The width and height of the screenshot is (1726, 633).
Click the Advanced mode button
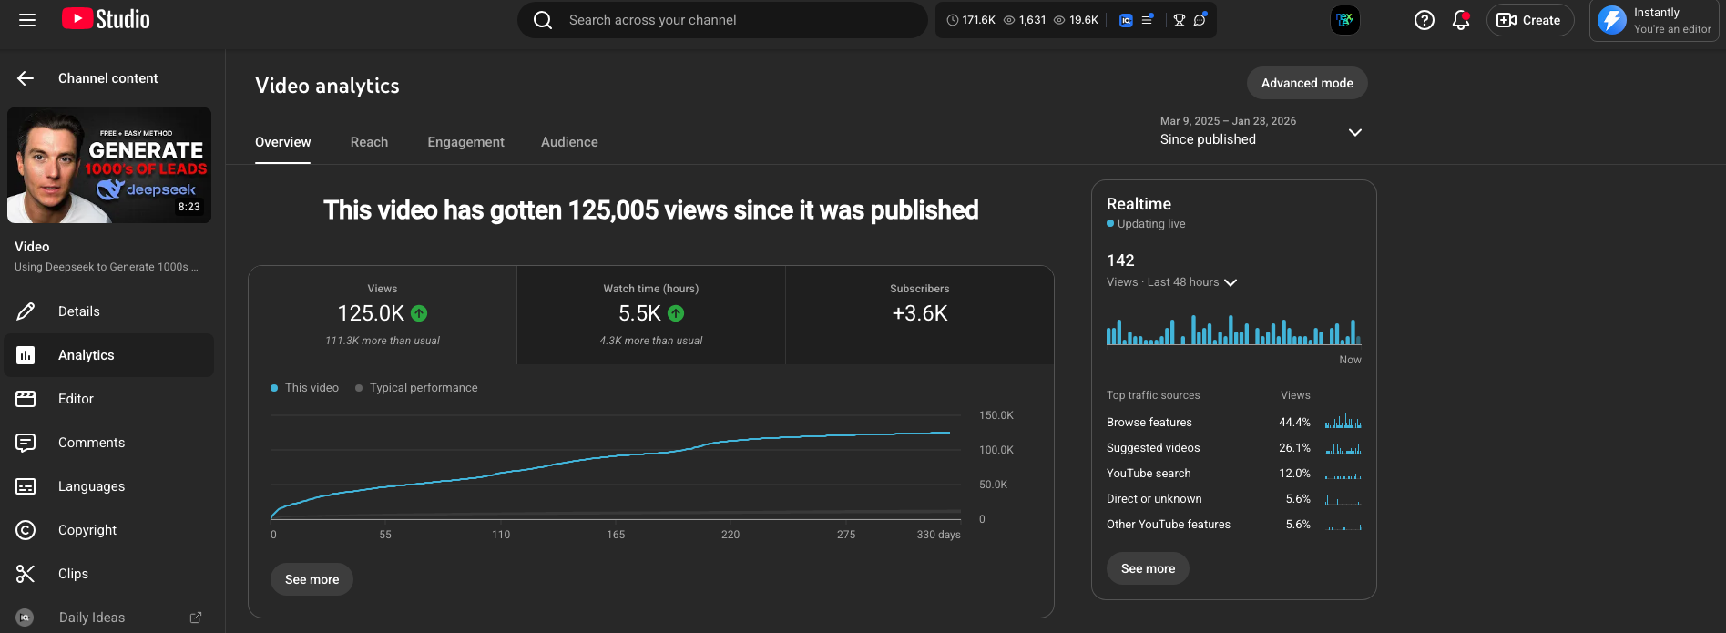coord(1306,83)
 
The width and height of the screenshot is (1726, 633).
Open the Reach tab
coord(369,142)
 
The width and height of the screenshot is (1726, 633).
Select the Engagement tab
coord(465,142)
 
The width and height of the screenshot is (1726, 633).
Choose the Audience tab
coord(569,142)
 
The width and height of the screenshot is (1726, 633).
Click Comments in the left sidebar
coord(91,443)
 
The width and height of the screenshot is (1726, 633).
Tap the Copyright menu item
coord(87,530)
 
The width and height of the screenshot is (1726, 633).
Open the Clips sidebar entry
coord(73,574)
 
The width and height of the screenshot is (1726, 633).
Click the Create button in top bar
coord(1530,20)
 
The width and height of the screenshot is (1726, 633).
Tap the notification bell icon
coord(1461,20)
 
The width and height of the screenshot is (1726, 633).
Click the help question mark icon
coord(1425,20)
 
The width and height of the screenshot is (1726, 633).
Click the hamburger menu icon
coord(27,20)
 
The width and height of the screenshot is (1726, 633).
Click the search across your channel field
coord(720,20)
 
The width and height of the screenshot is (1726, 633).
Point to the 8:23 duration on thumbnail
coord(189,207)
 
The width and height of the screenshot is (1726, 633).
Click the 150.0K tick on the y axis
coord(996,415)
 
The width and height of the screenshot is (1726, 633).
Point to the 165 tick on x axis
coord(616,535)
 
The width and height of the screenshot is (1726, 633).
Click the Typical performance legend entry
coord(423,388)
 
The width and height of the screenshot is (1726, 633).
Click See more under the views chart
coord(311,579)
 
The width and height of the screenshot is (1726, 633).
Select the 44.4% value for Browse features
coord(1294,423)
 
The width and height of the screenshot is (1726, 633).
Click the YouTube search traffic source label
coord(1149,474)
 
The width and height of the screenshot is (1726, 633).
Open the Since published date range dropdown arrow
coord(1355,132)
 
